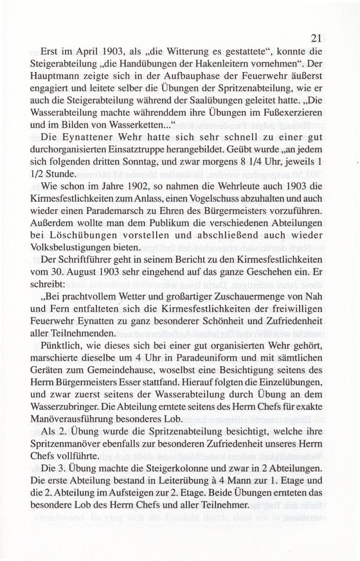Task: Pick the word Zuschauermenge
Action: point(249,297)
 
